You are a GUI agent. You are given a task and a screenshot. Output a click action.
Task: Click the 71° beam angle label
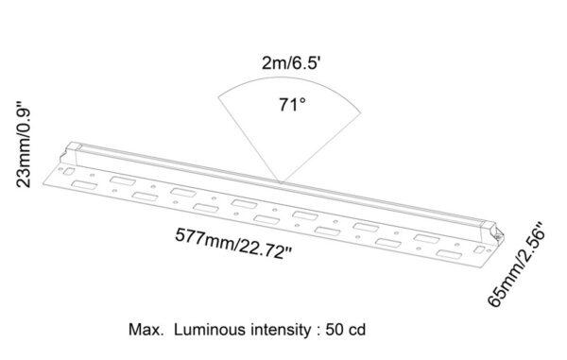click(291, 105)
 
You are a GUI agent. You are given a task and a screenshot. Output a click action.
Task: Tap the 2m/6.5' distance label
click(292, 65)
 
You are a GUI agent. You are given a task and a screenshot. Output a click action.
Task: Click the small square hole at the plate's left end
click(69, 171)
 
